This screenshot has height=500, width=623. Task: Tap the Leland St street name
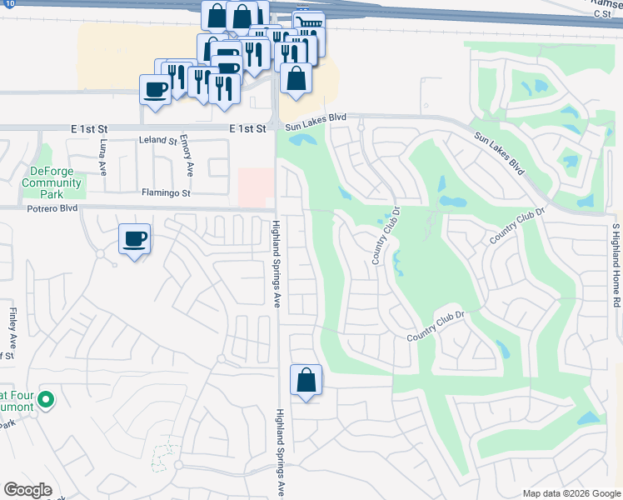[158, 141]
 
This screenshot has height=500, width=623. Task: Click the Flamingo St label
[166, 192]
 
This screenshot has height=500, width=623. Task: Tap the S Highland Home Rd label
[616, 266]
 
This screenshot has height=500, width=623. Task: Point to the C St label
[602, 13]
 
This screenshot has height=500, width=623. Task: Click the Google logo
[27, 490]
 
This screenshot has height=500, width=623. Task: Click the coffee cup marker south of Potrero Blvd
[134, 240]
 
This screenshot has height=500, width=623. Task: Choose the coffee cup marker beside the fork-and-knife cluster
[155, 89]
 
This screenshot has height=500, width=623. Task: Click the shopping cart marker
[309, 22]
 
